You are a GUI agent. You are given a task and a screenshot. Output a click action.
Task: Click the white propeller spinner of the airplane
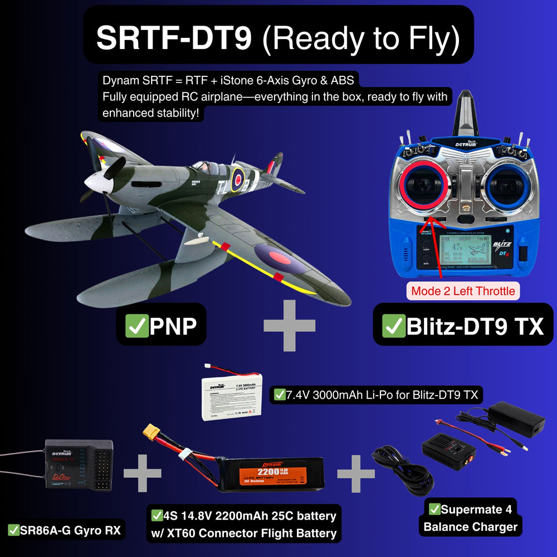pyautogui.click(x=96, y=180)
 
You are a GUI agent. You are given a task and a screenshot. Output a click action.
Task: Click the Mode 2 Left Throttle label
pyautogui.click(x=463, y=291)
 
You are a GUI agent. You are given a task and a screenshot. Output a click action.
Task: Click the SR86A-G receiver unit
pyautogui.click(x=78, y=465)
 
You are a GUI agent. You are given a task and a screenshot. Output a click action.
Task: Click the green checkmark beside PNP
pyautogui.click(x=135, y=325)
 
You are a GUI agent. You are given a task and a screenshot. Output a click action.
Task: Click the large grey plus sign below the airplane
pyautogui.click(x=289, y=326)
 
